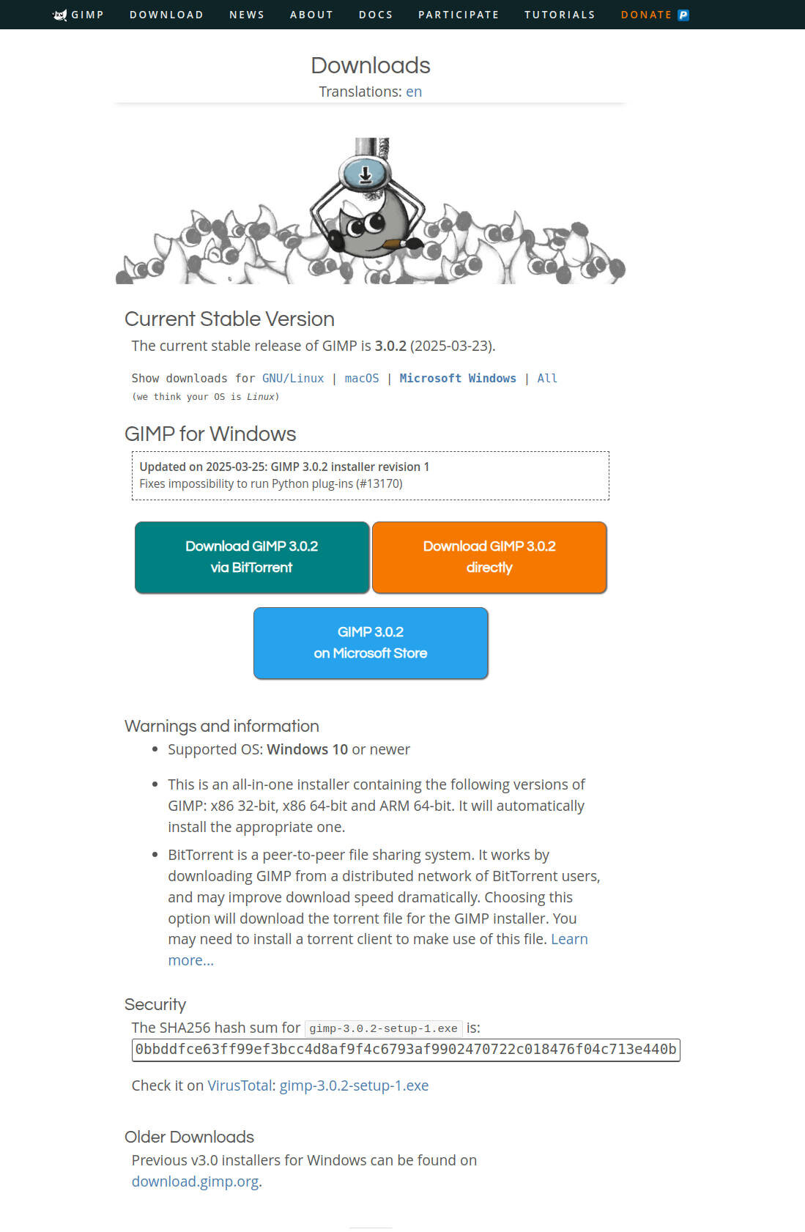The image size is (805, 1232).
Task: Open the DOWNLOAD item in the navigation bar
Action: point(166,15)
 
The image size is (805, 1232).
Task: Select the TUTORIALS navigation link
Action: point(560,15)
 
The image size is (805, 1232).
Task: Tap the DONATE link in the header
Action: point(646,15)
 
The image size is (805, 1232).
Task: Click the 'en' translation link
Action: point(414,92)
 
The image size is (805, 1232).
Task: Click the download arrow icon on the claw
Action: point(365,174)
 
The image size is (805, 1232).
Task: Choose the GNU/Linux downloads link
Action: point(293,378)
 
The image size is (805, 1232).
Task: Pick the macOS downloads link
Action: point(362,378)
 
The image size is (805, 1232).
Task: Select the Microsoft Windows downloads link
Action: point(458,378)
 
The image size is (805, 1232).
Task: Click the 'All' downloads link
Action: point(547,378)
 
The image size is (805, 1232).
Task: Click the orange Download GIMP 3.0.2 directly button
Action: point(489,557)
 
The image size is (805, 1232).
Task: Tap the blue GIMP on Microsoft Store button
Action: point(371,642)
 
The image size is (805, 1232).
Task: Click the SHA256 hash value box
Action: point(406,1049)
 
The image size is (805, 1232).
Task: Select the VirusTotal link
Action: point(240,1086)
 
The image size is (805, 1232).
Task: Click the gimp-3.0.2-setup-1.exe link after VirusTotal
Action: point(354,1086)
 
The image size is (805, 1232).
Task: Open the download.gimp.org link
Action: point(195,1181)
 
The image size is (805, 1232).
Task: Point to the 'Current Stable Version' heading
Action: point(229,319)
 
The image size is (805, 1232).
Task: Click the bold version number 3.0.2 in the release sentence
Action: point(390,346)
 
